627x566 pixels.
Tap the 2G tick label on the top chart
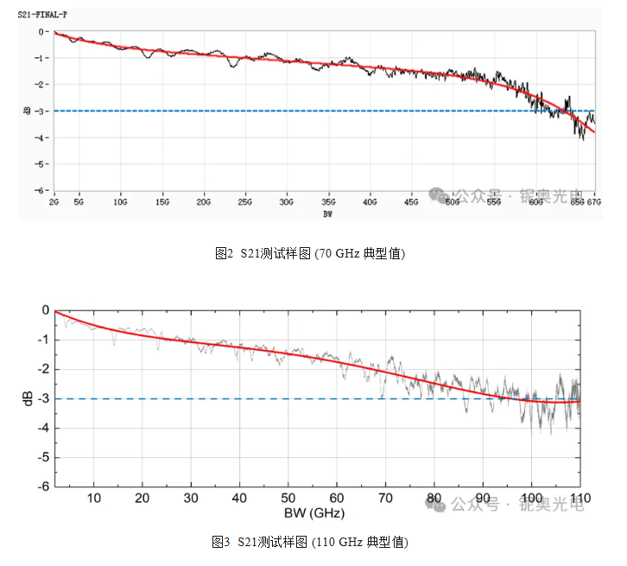pyautogui.click(x=54, y=202)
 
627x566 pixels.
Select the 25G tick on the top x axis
pyautogui.click(x=245, y=202)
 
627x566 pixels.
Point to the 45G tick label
pyautogui.click(x=411, y=202)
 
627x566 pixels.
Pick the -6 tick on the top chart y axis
pyautogui.click(x=41, y=190)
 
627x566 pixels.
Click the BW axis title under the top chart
pyautogui.click(x=328, y=213)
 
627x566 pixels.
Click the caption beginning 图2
pyautogui.click(x=310, y=253)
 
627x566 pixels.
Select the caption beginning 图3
pyautogui.click(x=310, y=542)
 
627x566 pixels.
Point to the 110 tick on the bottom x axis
pyautogui.click(x=579, y=498)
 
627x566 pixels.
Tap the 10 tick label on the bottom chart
pyautogui.click(x=94, y=498)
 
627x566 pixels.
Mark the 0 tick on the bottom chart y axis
pyautogui.click(x=46, y=310)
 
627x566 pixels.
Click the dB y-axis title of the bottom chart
pyautogui.click(x=28, y=398)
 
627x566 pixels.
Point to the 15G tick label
pyautogui.click(x=162, y=202)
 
